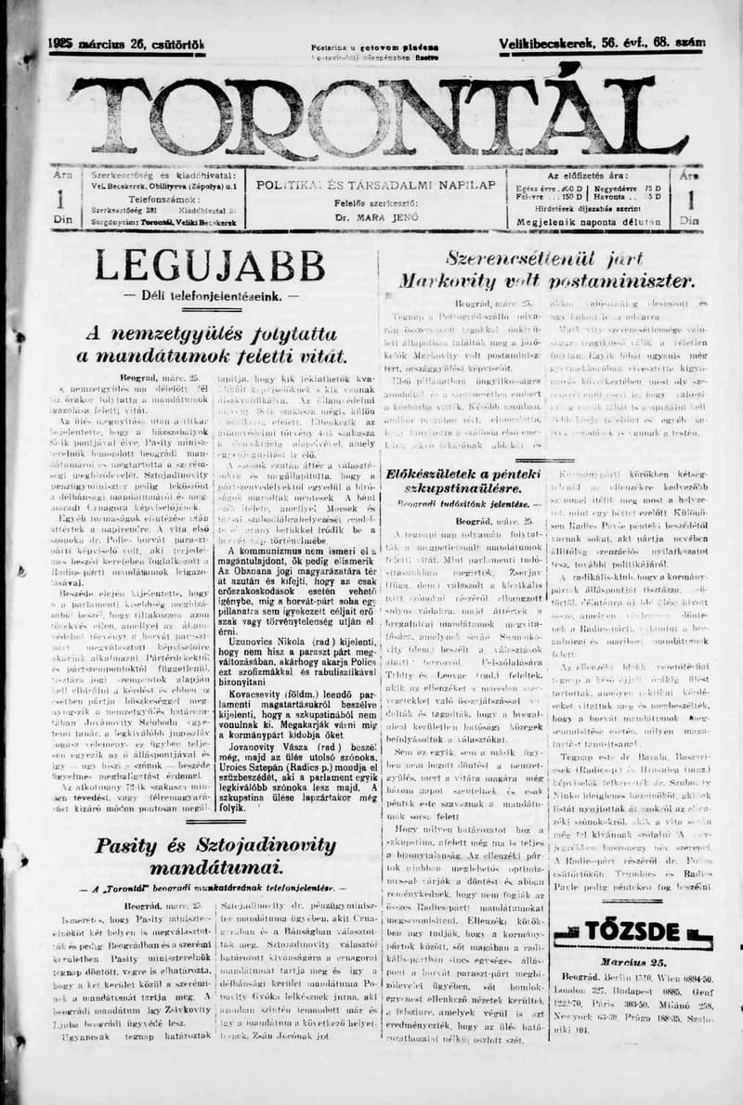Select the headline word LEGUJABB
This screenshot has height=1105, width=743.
(x=210, y=266)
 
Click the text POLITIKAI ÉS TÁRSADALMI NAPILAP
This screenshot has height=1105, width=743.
(x=375, y=185)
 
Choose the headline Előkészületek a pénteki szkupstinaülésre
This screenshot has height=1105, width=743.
(x=463, y=482)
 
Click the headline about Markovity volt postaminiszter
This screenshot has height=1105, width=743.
(x=546, y=269)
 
